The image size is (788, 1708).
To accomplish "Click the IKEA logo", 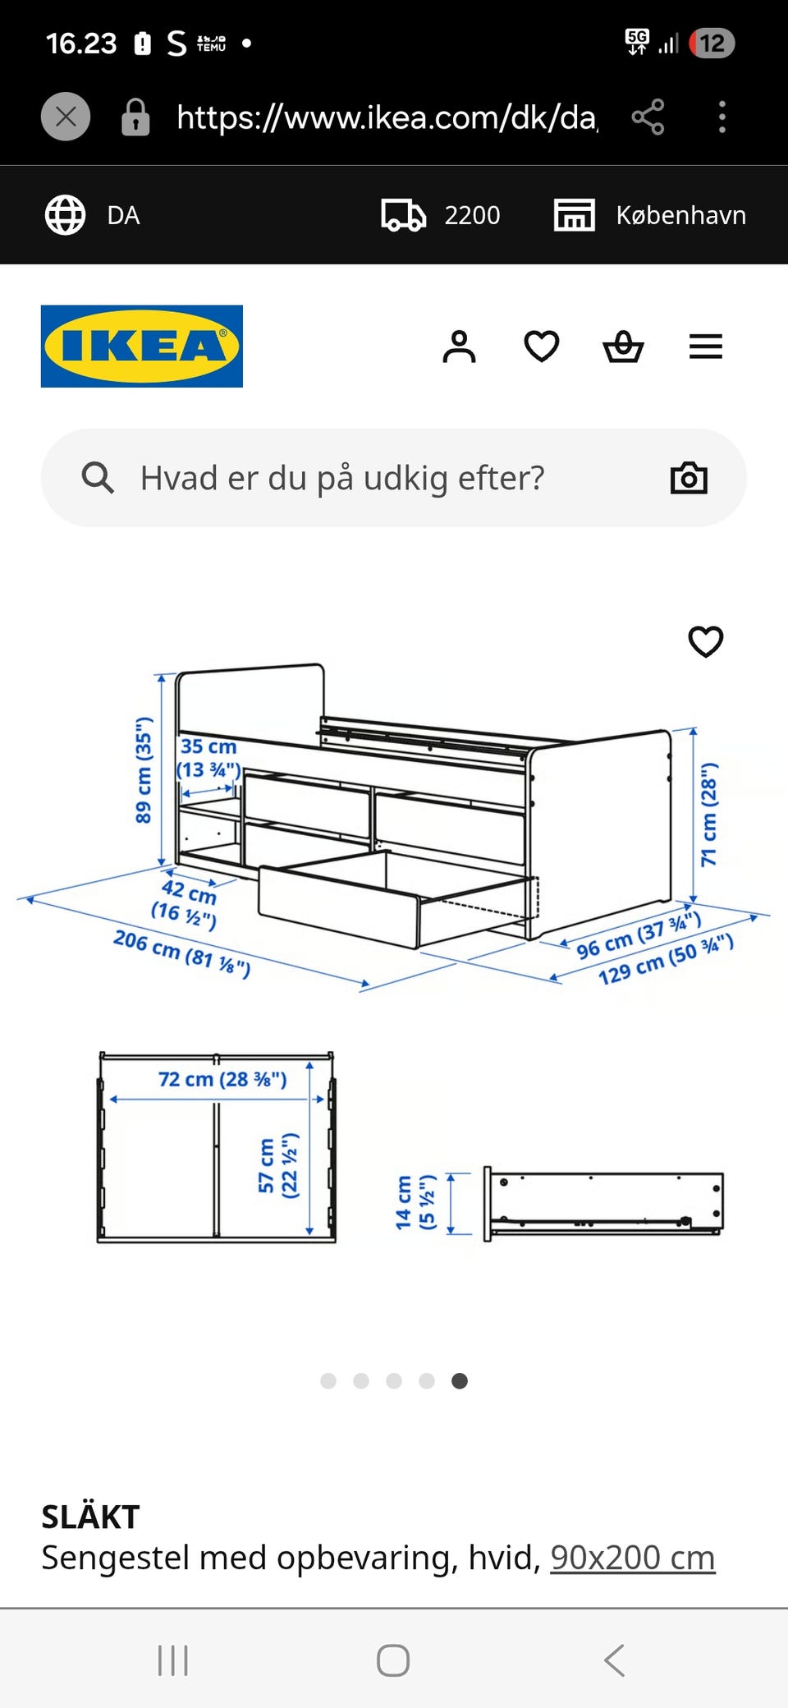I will [141, 346].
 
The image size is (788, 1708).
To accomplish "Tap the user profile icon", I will [459, 347].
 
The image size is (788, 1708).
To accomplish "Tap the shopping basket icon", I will [623, 347].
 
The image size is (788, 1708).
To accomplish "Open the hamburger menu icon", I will [705, 347].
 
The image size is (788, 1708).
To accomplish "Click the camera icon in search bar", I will [689, 478].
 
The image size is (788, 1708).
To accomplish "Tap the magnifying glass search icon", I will [98, 477].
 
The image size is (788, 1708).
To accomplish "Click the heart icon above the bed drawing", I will [705, 641].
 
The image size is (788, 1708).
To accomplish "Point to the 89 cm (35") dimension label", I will [144, 769].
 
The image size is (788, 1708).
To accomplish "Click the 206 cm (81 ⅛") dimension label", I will [181, 953].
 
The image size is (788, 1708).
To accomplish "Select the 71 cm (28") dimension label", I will [708, 814].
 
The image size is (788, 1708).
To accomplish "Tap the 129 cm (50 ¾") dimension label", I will [665, 959].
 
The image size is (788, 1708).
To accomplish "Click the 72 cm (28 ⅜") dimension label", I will [222, 1079].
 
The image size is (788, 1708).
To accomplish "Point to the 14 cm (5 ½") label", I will [415, 1201].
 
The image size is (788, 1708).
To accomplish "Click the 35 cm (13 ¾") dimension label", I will [208, 758].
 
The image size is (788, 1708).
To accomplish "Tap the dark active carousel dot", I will [460, 1381].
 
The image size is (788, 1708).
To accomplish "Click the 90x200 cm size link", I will [632, 1558].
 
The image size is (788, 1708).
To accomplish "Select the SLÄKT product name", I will [90, 1517].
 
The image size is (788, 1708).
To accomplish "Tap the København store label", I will [680, 215].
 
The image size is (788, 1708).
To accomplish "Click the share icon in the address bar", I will [648, 117].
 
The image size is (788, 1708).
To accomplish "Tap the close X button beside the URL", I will [66, 117].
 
